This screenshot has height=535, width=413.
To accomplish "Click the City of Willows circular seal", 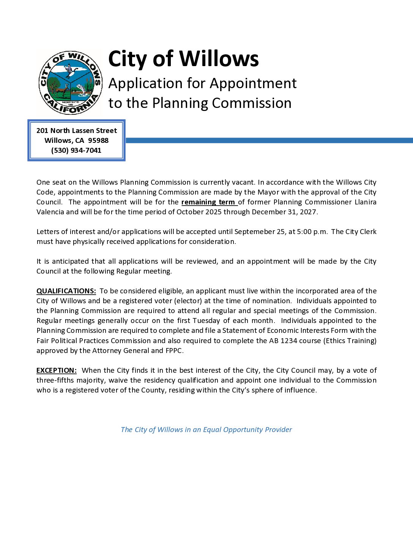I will click(x=70, y=82).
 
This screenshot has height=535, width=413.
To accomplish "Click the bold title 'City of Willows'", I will click(x=183, y=59).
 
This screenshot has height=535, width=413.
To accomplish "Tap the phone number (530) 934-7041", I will click(x=76, y=150).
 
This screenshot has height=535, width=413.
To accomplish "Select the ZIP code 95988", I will click(x=98, y=141).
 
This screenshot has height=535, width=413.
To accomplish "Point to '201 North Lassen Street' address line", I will click(x=76, y=131).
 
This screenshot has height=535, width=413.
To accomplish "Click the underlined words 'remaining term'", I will click(x=208, y=202).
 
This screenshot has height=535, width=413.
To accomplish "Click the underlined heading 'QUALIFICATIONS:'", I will click(x=66, y=291).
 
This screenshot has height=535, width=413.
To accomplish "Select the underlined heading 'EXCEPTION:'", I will click(x=57, y=370).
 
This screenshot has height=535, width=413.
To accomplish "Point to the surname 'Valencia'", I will click(x=50, y=212).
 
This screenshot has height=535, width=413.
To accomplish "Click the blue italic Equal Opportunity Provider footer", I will click(x=206, y=430).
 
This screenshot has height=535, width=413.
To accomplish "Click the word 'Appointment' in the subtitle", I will click(x=253, y=84).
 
